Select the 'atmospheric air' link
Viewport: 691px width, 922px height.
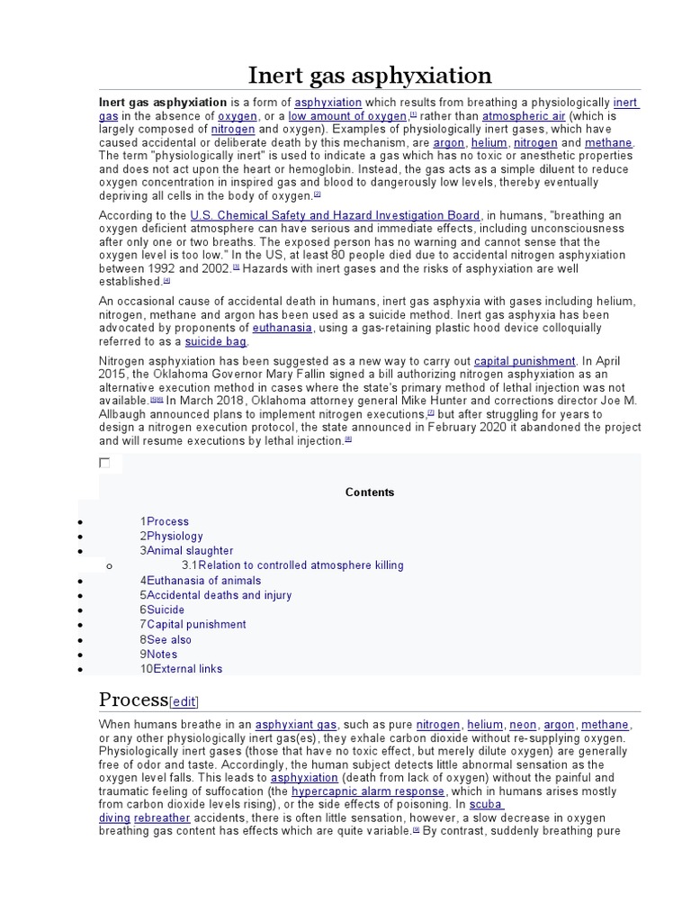coord(524,116)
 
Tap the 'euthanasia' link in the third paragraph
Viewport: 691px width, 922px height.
coord(283,328)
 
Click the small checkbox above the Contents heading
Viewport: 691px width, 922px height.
coord(104,463)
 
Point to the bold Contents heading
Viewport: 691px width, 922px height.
coord(370,493)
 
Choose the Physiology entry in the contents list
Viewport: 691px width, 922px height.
coord(175,536)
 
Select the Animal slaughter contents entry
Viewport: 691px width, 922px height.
coord(189,550)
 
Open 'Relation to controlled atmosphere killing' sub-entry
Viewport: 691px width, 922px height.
coord(301,565)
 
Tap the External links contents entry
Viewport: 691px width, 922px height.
coord(187,669)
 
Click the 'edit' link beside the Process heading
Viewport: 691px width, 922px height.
coord(184,702)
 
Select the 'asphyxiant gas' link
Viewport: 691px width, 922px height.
coord(296,725)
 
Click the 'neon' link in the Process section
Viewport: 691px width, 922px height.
coord(523,725)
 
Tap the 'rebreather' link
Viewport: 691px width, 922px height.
coord(162,818)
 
